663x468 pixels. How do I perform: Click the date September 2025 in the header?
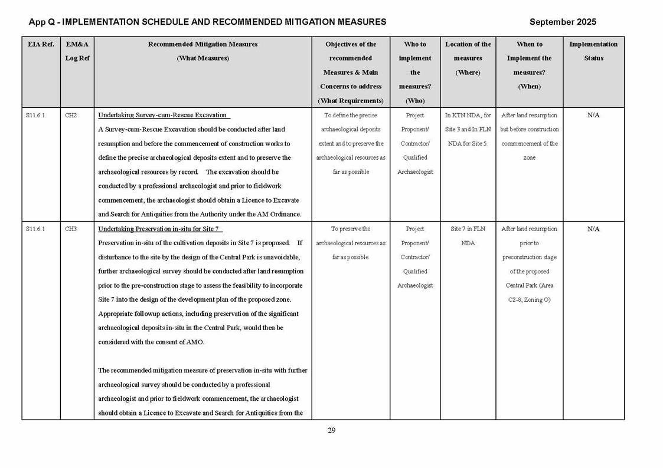[562, 22]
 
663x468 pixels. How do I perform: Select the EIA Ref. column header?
[40, 44]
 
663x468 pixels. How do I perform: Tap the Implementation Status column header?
[593, 51]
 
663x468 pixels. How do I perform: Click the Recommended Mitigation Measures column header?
[203, 51]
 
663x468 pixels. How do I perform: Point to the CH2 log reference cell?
[71, 116]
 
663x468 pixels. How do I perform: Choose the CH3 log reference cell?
[71, 229]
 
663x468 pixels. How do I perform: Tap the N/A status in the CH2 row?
[593, 116]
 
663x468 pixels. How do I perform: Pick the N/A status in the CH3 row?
[593, 229]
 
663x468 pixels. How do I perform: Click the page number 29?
[331, 430]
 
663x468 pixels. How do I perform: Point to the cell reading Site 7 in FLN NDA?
[468, 235]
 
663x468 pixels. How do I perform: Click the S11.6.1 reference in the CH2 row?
[35, 116]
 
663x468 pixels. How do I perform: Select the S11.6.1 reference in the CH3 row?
[35, 229]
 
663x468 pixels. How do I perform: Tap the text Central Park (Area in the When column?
[529, 285]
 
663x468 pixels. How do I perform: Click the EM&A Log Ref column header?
[77, 51]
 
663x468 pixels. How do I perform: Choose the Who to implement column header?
[414, 65]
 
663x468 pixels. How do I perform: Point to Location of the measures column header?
[468, 58]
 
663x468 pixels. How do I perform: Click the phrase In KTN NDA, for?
[468, 116]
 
